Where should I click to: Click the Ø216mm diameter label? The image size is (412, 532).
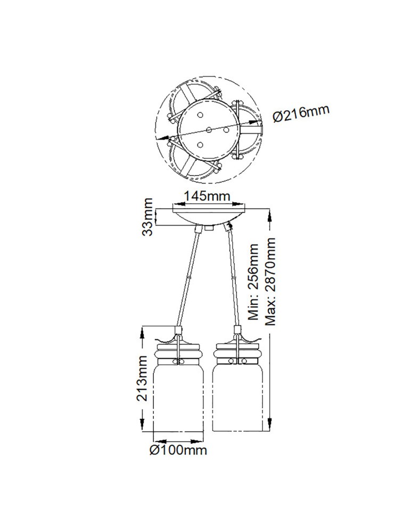[x=301, y=113]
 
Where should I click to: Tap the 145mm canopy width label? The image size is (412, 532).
[x=207, y=196]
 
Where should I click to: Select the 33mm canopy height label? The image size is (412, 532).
[x=148, y=217]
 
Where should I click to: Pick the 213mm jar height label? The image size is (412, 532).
[x=142, y=378]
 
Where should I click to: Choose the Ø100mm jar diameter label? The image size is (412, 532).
[x=178, y=450]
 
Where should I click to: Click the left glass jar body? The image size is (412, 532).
[x=179, y=397]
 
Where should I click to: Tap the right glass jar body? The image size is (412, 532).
[x=237, y=397]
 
